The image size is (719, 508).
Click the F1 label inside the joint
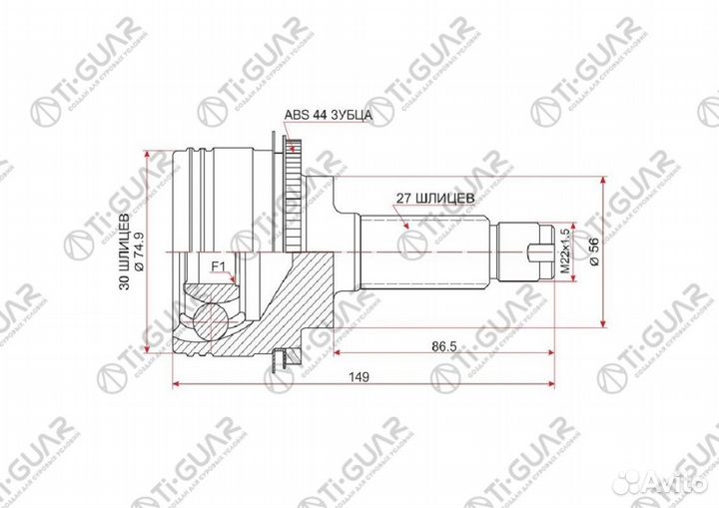218,265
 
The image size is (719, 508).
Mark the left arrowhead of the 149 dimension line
177,383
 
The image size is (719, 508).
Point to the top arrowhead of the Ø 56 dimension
603,183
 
